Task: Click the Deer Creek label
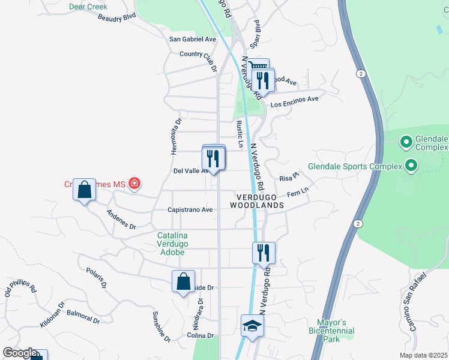[x=88, y=7]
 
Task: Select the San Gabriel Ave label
[x=192, y=39]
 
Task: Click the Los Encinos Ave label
[x=294, y=101]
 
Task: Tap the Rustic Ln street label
[x=240, y=134]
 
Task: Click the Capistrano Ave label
[x=190, y=210]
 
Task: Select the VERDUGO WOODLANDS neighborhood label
[x=257, y=201]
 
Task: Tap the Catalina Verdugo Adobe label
[x=173, y=244]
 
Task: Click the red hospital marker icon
[x=134, y=184]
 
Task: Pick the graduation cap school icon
[x=253, y=326]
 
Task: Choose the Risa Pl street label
[x=289, y=178]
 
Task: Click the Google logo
[x=20, y=353]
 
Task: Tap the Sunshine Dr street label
[x=161, y=326]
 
